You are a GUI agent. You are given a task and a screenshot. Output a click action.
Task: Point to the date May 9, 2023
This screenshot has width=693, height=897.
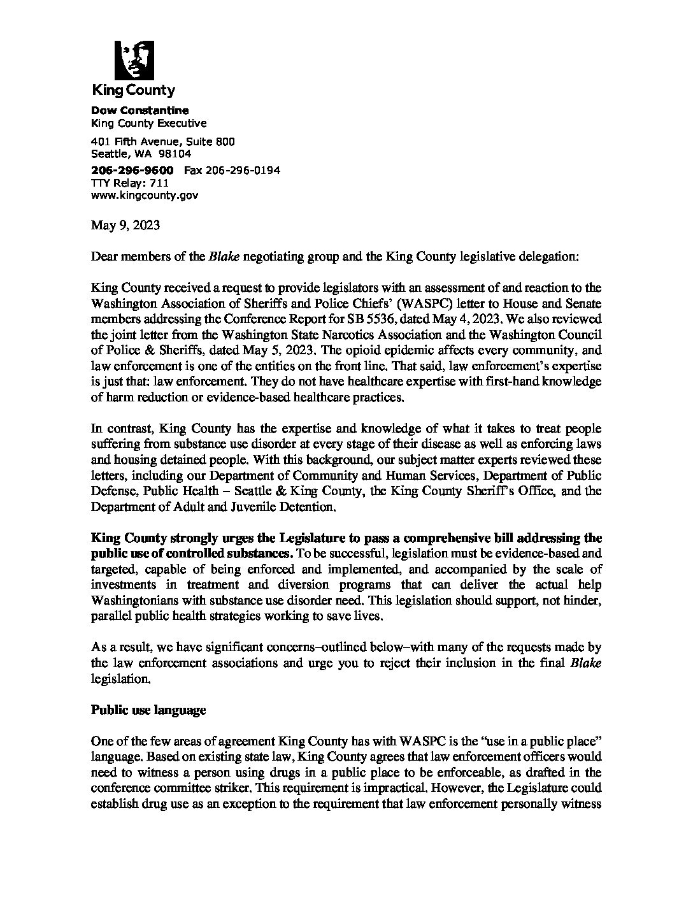(x=125, y=226)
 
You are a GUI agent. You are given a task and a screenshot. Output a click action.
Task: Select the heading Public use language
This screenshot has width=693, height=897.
(x=148, y=710)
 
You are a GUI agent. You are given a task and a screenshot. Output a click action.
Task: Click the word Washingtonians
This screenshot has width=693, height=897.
(x=139, y=600)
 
